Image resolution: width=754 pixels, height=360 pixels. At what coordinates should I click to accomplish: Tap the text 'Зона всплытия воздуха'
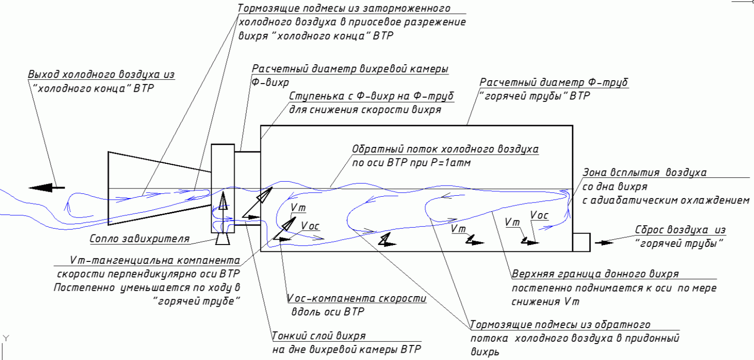coord(645,172)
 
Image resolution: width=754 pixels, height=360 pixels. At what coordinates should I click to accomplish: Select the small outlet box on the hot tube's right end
coord(581,242)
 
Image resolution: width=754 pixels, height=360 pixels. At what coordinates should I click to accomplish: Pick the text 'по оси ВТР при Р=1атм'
coord(411,163)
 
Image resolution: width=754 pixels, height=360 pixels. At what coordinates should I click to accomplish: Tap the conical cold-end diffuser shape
coord(155,188)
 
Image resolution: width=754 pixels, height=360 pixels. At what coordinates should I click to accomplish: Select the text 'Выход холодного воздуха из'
coord(101,75)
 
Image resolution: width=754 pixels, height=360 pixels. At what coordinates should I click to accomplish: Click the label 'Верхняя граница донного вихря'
coord(595,274)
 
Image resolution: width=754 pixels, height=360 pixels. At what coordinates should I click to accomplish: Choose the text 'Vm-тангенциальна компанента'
coord(154,260)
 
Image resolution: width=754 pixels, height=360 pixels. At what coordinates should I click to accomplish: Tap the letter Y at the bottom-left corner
coord(5,337)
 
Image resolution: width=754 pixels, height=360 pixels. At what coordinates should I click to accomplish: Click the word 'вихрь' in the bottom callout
coord(485,351)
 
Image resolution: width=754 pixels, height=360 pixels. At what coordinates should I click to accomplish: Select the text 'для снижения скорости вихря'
coord(365,109)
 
